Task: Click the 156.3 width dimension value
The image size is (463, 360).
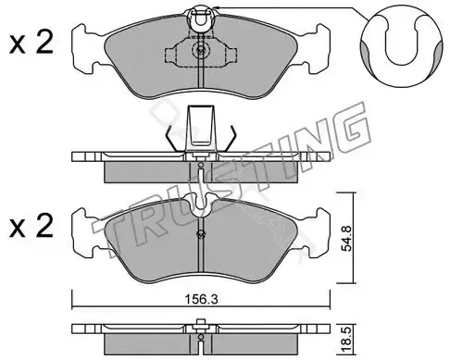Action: (x=201, y=299)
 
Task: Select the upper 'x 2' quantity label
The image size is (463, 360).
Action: (x=31, y=43)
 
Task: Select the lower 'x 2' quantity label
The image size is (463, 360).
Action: (x=31, y=227)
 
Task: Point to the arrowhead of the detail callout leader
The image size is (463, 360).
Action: (x=217, y=7)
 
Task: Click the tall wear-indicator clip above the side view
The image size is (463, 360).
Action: (x=201, y=127)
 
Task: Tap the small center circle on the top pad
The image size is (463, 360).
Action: (x=201, y=49)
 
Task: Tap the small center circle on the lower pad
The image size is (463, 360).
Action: (x=201, y=234)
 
